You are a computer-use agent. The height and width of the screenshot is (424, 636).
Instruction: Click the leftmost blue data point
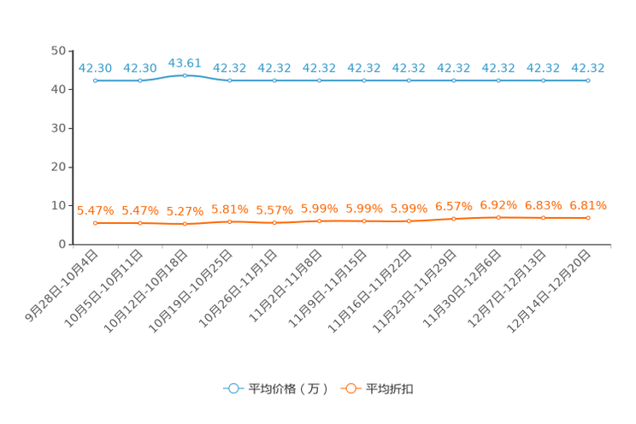tap(96, 80)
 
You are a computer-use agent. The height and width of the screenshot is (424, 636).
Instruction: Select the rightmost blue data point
tap(588, 80)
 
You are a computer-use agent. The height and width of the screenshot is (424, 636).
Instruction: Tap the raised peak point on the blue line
tap(185, 75)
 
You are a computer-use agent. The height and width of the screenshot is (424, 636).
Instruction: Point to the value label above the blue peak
tap(185, 62)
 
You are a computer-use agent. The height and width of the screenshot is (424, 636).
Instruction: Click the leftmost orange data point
tap(96, 223)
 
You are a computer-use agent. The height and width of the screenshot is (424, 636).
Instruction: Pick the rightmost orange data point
tap(588, 218)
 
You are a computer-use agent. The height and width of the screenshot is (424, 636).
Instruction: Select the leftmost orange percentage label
tap(95, 210)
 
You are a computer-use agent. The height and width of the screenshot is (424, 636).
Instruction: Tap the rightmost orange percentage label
tap(588, 205)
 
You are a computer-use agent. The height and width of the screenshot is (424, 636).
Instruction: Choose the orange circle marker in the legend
tap(350, 388)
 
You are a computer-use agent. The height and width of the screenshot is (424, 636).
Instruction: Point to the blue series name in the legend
tap(288, 389)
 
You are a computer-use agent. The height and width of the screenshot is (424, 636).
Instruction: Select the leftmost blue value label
tap(96, 68)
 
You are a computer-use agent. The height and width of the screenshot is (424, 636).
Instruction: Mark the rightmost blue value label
tap(588, 68)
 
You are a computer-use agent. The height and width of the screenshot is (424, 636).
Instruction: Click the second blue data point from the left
tap(140, 80)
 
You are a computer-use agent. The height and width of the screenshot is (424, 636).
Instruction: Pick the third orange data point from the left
tap(185, 224)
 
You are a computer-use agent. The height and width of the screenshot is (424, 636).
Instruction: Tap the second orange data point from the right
tap(543, 218)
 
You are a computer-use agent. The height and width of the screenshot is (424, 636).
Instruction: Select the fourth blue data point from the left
tap(230, 80)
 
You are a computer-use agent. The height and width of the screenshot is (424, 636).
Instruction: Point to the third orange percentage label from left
tap(185, 210)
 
